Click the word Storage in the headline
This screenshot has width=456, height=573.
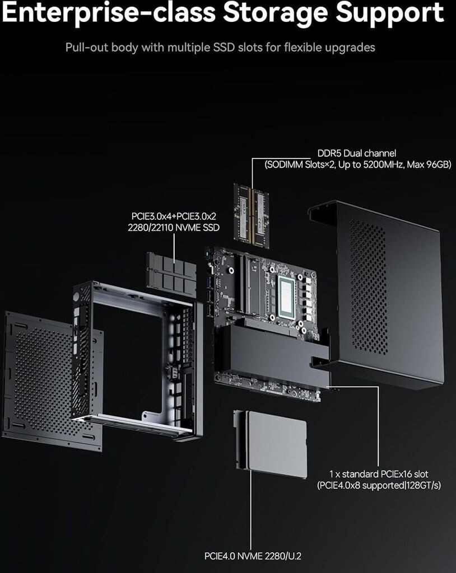tap(275, 13)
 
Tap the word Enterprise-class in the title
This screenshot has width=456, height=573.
tap(108, 13)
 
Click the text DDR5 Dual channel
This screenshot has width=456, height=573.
tap(356, 153)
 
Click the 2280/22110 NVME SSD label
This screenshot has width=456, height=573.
tap(174, 227)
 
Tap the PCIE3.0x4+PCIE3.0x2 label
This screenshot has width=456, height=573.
tap(174, 216)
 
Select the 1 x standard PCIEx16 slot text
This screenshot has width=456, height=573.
tap(379, 474)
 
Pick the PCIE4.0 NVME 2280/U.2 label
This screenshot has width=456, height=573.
tap(253, 556)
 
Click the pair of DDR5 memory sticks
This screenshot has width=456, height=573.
tap(252, 216)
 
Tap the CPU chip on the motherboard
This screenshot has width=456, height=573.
tap(287, 297)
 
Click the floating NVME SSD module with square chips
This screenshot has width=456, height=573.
tap(171, 274)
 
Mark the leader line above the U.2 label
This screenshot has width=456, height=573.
tap(251, 510)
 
